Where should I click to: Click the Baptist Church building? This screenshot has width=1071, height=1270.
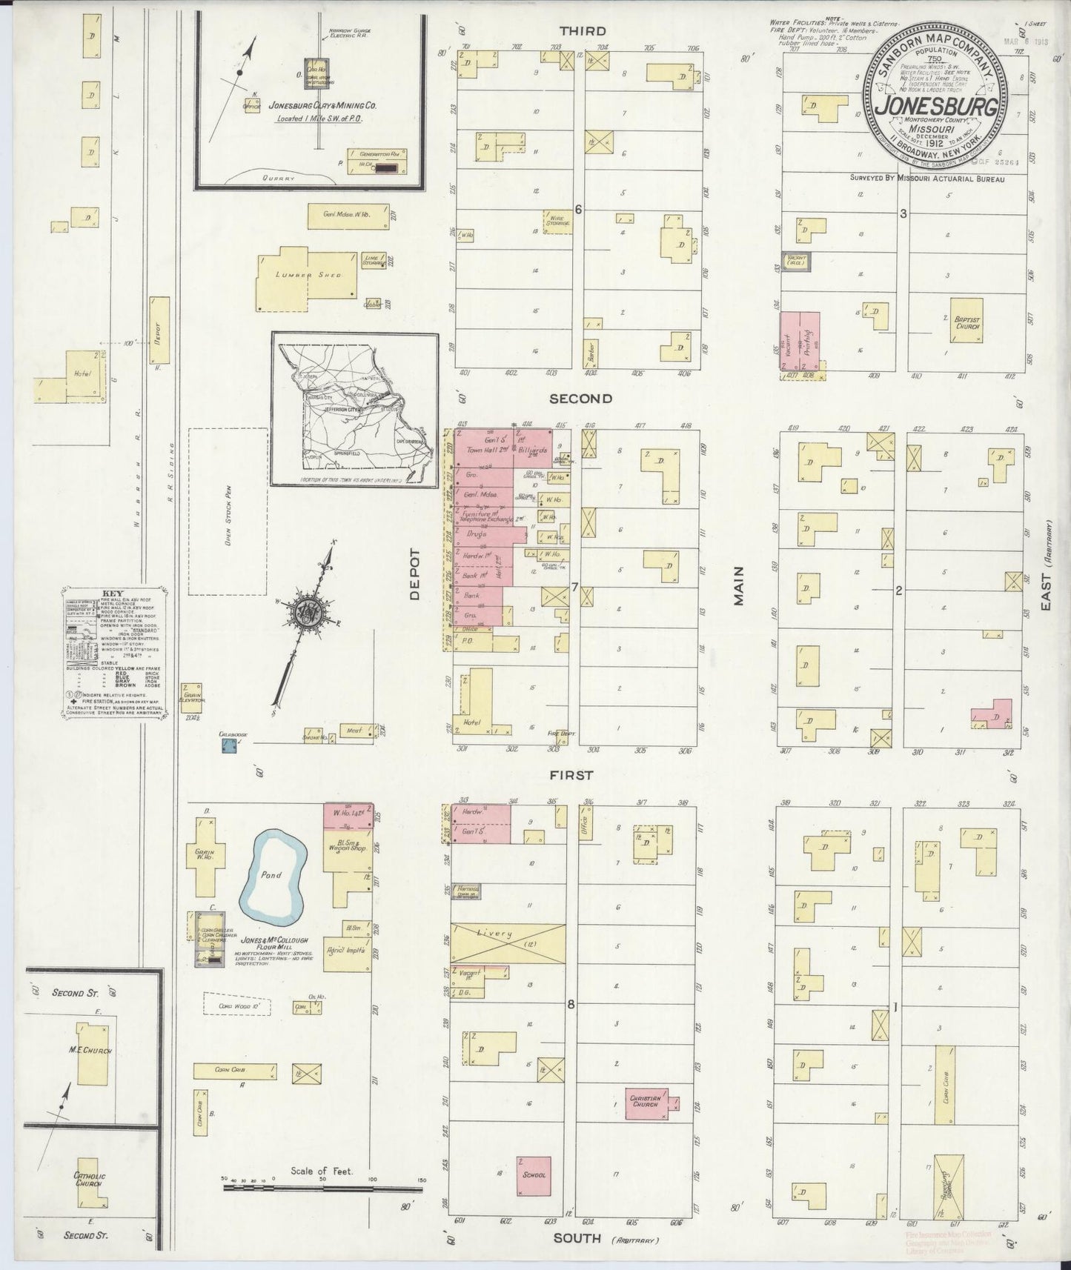point(966,321)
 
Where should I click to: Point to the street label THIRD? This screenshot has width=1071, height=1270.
point(582,31)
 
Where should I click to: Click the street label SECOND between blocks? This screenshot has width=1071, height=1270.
point(580,399)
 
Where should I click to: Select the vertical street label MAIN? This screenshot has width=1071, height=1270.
point(739,586)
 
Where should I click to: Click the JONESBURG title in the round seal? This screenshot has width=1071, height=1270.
point(935,106)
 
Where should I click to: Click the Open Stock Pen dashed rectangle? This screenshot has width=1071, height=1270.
point(228,511)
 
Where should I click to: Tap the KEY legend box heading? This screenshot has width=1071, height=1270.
point(113,594)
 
